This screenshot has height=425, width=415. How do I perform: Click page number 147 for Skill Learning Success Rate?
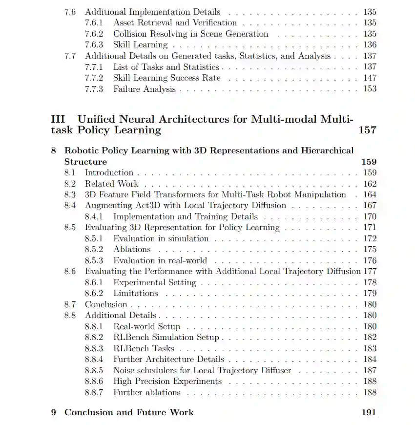click(370, 78)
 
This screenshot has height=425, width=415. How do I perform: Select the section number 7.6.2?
click(94, 34)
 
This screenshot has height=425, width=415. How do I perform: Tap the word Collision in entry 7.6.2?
click(130, 34)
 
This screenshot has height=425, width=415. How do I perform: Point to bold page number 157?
click(367, 130)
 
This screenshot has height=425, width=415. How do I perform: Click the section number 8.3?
click(70, 194)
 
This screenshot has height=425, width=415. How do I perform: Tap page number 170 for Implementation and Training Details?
click(370, 216)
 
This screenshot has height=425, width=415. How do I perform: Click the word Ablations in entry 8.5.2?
click(132, 249)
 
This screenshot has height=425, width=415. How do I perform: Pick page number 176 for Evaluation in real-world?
click(370, 260)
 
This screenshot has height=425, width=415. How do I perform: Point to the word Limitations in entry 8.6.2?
click(135, 293)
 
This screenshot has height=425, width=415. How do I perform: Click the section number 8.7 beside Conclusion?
click(70, 304)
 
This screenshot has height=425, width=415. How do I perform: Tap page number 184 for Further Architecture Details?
click(370, 359)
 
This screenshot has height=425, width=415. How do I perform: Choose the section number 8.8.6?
click(94, 381)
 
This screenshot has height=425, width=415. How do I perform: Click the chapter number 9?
click(54, 412)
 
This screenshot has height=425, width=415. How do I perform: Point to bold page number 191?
click(369, 412)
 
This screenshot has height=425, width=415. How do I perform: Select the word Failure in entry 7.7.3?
click(127, 89)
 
